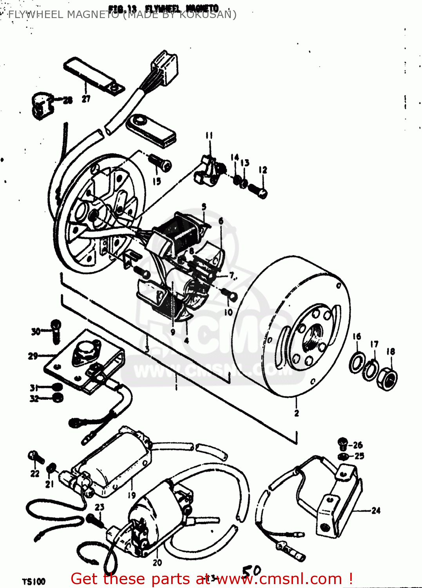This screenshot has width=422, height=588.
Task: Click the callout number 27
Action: click(x=86, y=99)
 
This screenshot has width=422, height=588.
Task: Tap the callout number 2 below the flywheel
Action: click(x=297, y=413)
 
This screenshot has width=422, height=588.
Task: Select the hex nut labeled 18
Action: click(x=387, y=378)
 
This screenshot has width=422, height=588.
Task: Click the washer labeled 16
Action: click(x=357, y=363)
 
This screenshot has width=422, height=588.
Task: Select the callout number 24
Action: click(x=376, y=510)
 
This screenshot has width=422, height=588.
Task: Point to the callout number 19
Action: click(x=132, y=495)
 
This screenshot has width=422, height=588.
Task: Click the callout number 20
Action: click(x=157, y=563)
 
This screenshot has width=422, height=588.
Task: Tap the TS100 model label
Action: click(x=34, y=581)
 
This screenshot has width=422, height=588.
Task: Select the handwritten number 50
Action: click(x=251, y=572)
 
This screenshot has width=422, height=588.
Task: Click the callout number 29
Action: click(x=33, y=356)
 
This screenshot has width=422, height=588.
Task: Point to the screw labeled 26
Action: click(x=342, y=444)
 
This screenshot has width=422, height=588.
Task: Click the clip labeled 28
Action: click(x=41, y=105)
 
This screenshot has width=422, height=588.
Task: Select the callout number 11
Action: click(x=209, y=136)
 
